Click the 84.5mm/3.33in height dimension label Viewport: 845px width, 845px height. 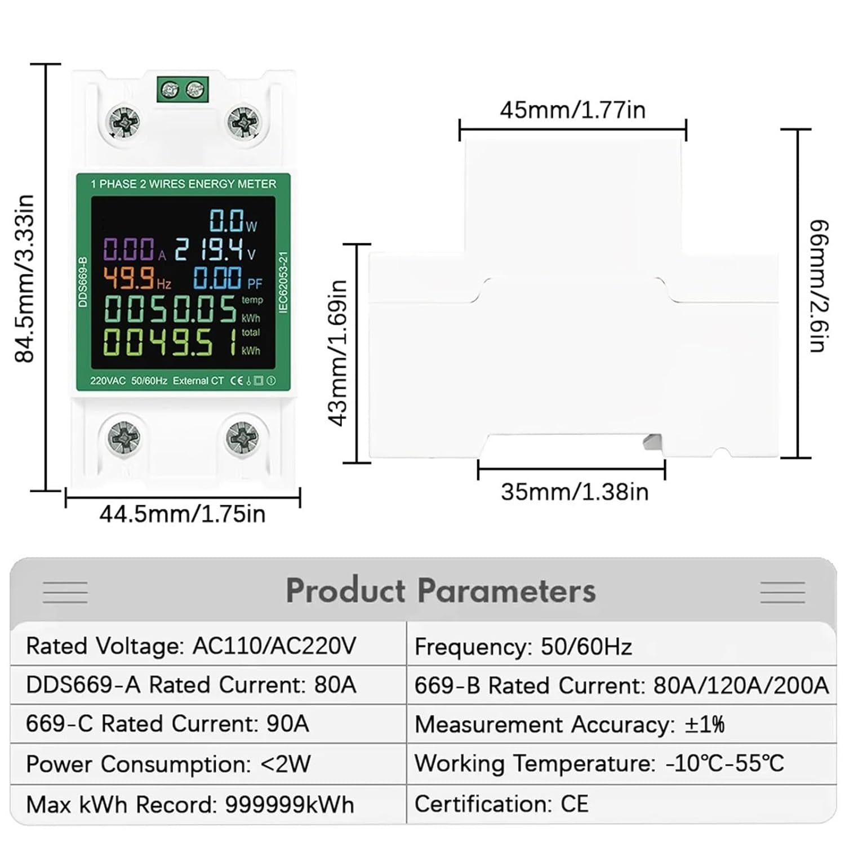(25, 278)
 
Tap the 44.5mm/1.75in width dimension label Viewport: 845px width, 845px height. (182, 514)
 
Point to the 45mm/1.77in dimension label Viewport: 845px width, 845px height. (572, 110)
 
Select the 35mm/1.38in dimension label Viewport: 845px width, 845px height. (575, 492)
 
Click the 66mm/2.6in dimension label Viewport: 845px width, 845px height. (819, 286)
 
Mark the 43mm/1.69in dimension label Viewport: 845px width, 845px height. (338, 353)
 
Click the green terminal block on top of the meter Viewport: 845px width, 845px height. (183, 90)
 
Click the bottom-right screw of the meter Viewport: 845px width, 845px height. (242, 437)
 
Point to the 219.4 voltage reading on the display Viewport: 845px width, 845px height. (208, 250)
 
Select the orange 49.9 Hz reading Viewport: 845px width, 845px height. (129, 278)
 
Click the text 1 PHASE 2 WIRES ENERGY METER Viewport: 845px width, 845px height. (184, 184)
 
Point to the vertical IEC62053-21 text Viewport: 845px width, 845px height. (283, 282)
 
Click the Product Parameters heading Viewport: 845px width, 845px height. (441, 591)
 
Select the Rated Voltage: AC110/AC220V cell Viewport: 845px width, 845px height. (191, 646)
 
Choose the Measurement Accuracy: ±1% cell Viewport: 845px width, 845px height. (569, 724)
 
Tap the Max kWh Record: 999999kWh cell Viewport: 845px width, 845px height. (190, 804)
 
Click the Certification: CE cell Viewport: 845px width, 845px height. (501, 804)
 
